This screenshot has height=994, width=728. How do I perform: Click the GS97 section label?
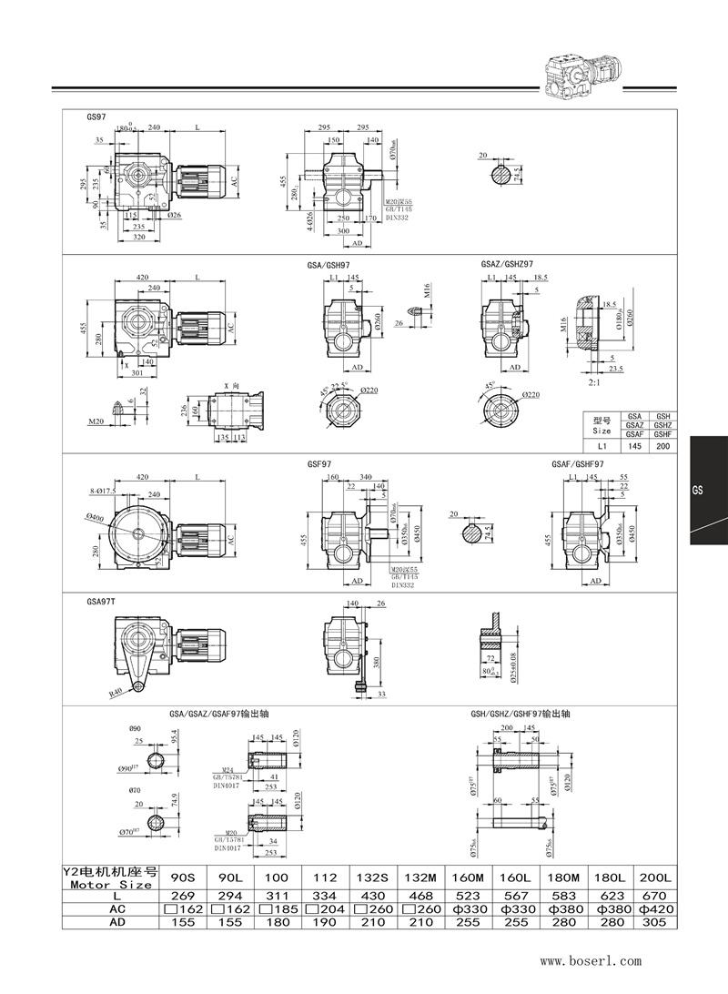(x=96, y=118)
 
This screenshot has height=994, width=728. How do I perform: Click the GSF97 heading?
(x=320, y=463)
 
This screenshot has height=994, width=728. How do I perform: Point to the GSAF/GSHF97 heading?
(x=578, y=463)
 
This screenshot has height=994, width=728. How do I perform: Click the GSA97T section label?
(x=101, y=601)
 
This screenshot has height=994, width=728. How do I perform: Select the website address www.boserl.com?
(x=591, y=959)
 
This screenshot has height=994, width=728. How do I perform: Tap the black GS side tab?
(x=708, y=490)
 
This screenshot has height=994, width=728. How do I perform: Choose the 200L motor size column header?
(x=655, y=877)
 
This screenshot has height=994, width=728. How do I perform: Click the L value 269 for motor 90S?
(x=184, y=896)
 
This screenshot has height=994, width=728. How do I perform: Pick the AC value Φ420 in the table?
(x=655, y=909)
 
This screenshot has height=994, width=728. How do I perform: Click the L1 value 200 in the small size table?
(x=662, y=447)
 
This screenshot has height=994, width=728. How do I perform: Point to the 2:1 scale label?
(x=594, y=384)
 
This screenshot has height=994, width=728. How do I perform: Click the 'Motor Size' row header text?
(x=110, y=884)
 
